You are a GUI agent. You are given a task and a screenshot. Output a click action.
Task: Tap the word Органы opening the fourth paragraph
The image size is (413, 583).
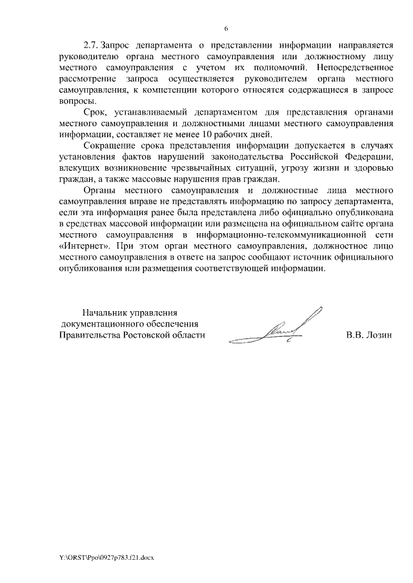coord(101,191)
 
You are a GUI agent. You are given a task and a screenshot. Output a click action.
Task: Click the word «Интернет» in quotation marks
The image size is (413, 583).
coord(80,247)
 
